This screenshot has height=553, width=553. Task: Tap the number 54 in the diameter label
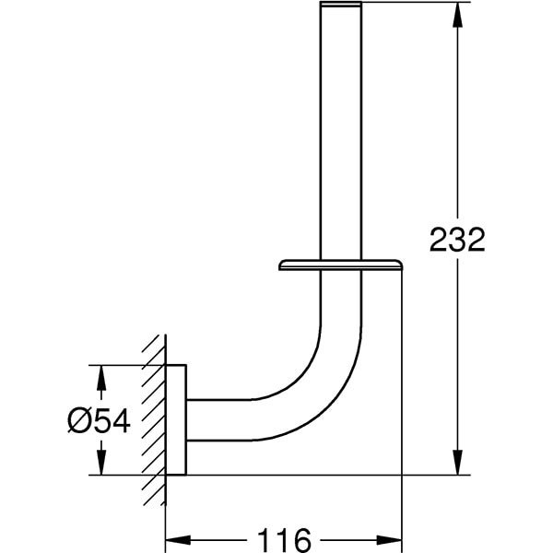[112, 420]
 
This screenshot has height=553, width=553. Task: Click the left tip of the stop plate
[281, 267]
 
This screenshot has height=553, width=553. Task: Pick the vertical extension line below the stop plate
[402, 387]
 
